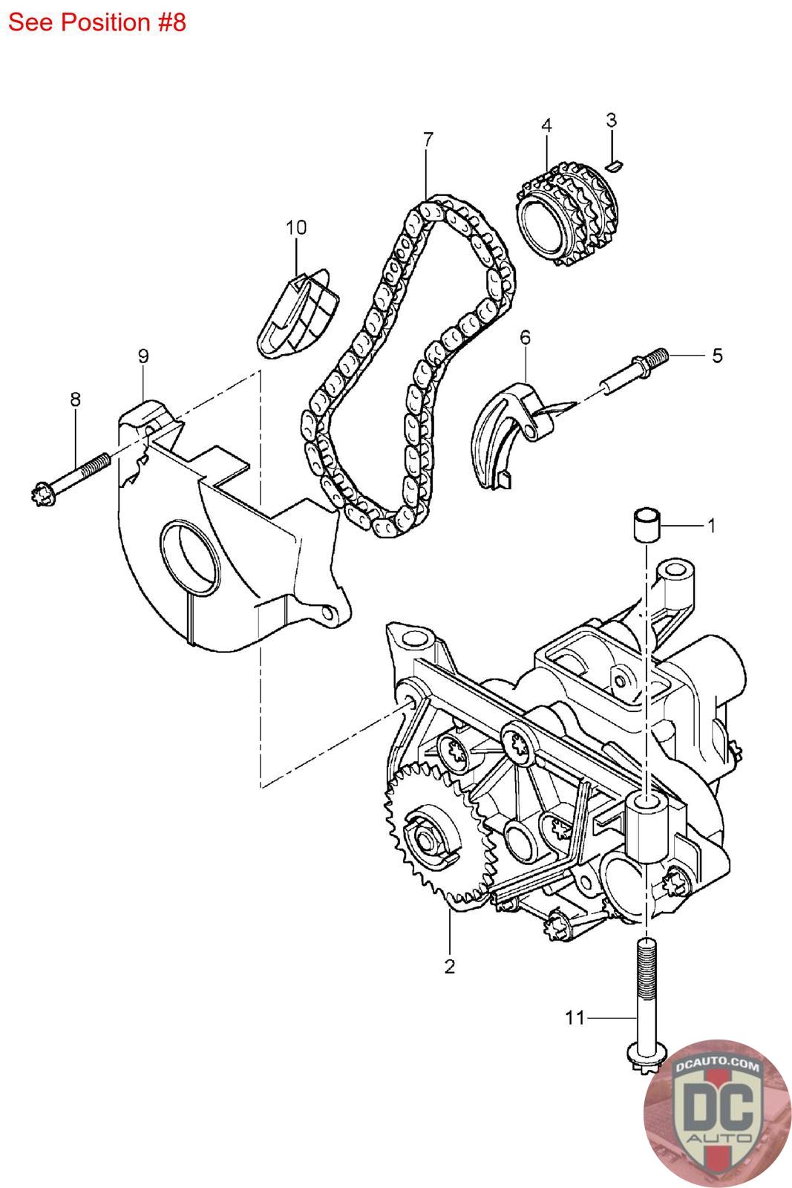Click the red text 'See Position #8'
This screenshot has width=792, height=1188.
(96, 22)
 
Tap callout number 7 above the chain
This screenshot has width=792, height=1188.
(428, 139)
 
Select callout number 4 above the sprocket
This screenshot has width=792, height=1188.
(546, 125)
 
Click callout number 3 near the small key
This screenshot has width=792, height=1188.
(611, 119)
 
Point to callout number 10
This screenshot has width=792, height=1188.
(296, 227)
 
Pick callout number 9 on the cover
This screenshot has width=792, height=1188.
(143, 356)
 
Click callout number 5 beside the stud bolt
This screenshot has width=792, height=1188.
(716, 355)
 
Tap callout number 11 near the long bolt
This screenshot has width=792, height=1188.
(575, 1017)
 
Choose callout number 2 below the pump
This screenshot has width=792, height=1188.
(449, 966)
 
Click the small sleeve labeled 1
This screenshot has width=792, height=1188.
(646, 526)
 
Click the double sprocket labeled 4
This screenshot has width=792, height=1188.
(568, 219)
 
